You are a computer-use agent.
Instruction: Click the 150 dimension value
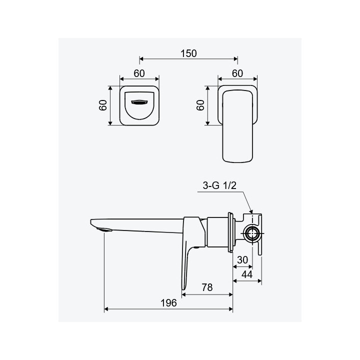[x=188, y=53]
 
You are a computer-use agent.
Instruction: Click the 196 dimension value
[x=169, y=303]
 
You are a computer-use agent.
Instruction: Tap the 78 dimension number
[x=207, y=287]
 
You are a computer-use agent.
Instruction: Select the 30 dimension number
[x=242, y=260]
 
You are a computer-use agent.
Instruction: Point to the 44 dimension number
[x=247, y=274]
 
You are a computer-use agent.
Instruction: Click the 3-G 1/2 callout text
[x=219, y=185]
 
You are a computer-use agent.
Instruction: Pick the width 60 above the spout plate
[x=139, y=73]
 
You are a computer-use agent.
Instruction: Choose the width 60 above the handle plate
[x=237, y=73]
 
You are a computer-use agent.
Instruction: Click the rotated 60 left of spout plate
[x=103, y=105]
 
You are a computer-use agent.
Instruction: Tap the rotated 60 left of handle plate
[x=200, y=105]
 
